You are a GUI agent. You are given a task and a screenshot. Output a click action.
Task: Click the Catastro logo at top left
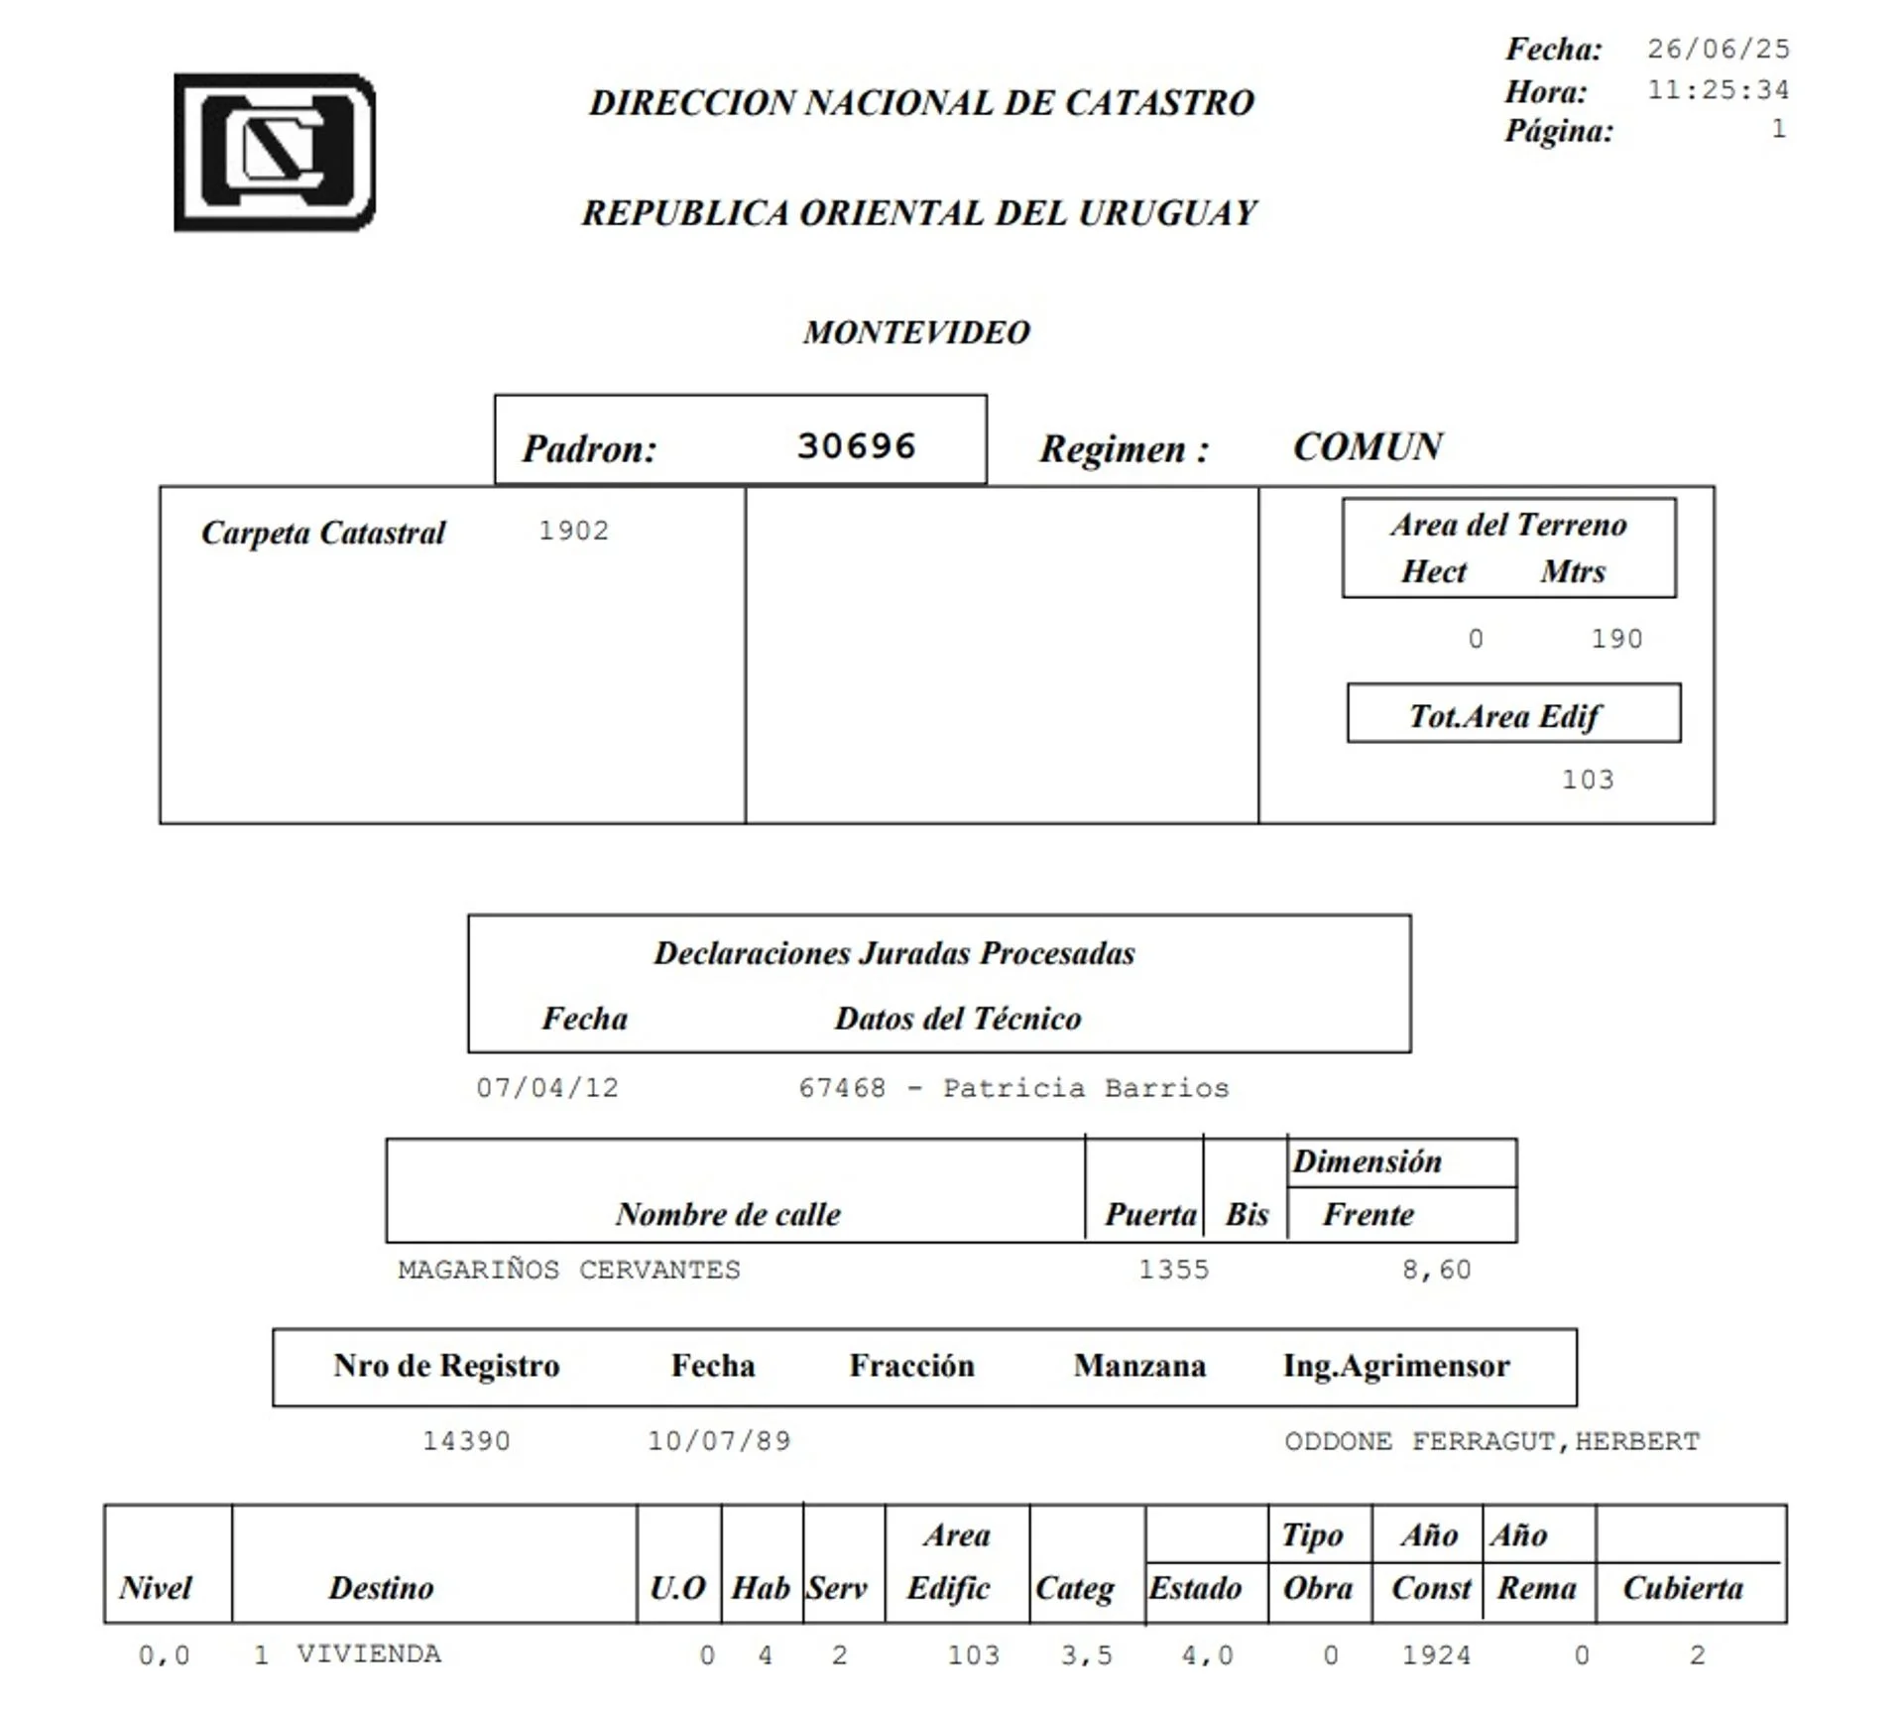275,153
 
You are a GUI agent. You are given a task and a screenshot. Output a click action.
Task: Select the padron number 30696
856,446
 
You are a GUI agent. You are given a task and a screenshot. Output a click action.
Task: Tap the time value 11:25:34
1718,90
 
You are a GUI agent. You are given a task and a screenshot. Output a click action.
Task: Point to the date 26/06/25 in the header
1718,49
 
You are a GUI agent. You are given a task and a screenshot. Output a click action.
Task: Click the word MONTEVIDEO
916,332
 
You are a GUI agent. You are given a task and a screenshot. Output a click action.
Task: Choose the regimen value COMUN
1368,447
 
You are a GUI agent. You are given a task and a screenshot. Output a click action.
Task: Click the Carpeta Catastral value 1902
573,531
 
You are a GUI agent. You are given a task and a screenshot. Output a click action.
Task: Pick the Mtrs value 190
1616,639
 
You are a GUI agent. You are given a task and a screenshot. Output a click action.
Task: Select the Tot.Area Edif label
1504,716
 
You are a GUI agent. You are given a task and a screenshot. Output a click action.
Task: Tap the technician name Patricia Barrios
1085,1088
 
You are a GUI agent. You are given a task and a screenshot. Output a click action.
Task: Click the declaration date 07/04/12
547,1088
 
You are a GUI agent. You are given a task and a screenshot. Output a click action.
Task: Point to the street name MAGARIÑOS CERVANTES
569,1270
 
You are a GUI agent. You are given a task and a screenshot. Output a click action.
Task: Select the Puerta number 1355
1173,1270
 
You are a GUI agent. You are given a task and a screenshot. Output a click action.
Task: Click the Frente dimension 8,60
1436,1270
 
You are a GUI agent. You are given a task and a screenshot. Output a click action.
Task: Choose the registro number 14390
466,1440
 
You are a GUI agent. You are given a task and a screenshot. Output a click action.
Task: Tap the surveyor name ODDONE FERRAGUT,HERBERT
1491,1440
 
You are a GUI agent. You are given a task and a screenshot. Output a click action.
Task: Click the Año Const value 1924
1436,1654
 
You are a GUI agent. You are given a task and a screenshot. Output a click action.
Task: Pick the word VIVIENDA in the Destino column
369,1653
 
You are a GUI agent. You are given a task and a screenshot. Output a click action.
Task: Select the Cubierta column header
1682,1588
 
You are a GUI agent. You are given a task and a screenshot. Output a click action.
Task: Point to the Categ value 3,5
1086,1654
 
